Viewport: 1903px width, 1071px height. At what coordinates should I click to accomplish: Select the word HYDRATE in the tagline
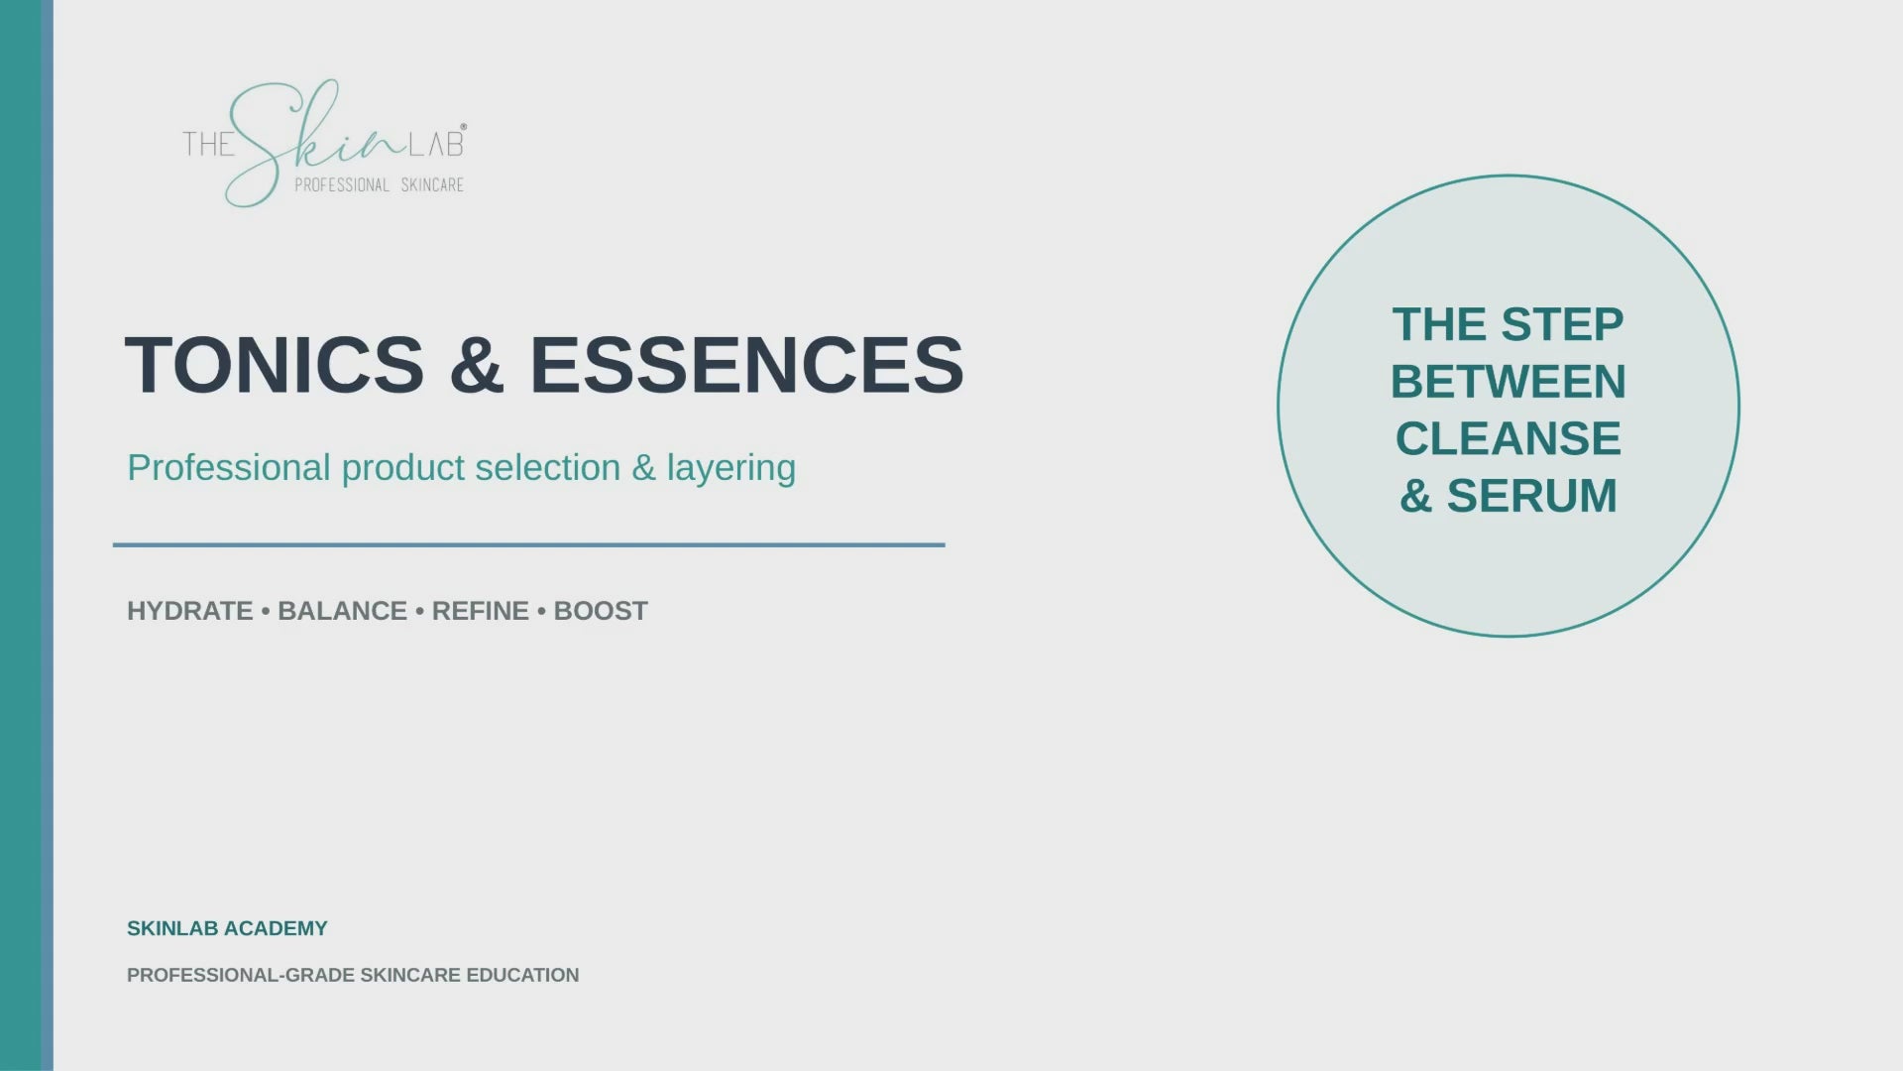(x=190, y=611)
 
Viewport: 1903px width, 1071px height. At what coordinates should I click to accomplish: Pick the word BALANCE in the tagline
(x=342, y=611)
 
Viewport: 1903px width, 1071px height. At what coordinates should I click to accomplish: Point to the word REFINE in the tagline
(x=481, y=611)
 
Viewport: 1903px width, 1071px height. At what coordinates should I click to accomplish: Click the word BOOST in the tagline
(x=601, y=611)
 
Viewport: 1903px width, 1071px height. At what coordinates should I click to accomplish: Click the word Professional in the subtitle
(x=229, y=468)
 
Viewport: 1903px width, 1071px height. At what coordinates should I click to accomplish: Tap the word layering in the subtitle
(x=731, y=469)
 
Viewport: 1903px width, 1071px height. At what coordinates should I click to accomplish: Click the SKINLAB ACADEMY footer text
(x=227, y=928)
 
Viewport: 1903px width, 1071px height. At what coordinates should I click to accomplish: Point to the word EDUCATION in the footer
(x=522, y=975)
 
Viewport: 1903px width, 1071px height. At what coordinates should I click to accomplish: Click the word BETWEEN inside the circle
(x=1509, y=382)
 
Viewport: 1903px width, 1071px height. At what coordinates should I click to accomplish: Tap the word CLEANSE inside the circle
(x=1509, y=438)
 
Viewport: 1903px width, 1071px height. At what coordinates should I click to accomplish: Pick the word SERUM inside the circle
(x=1532, y=496)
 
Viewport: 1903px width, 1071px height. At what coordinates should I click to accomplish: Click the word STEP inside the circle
(x=1562, y=324)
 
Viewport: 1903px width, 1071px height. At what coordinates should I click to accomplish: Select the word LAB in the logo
(x=437, y=144)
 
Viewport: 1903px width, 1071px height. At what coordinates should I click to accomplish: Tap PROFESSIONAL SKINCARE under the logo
(x=379, y=185)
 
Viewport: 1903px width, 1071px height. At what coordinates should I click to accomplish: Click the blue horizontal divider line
(x=529, y=544)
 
